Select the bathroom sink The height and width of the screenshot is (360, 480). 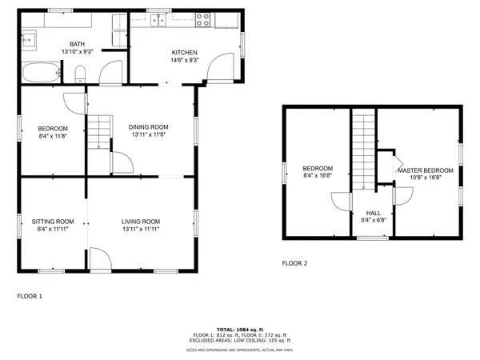pyautogui.click(x=30, y=38)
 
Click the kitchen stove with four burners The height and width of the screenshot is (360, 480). pyautogui.click(x=202, y=20)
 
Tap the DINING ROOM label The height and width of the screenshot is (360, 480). pyautogui.click(x=149, y=126)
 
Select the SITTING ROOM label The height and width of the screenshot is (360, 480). pyautogui.click(x=53, y=222)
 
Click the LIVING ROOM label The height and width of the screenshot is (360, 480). pyautogui.click(x=141, y=222)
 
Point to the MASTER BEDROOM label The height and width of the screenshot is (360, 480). pyautogui.click(x=426, y=170)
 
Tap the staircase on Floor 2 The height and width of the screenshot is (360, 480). pyautogui.click(x=364, y=148)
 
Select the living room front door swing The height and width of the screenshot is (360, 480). pyautogui.click(x=99, y=259)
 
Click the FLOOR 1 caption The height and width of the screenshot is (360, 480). pyautogui.click(x=30, y=296)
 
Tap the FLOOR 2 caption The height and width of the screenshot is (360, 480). pyautogui.click(x=294, y=263)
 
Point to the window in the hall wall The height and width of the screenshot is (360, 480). pyautogui.click(x=372, y=238)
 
